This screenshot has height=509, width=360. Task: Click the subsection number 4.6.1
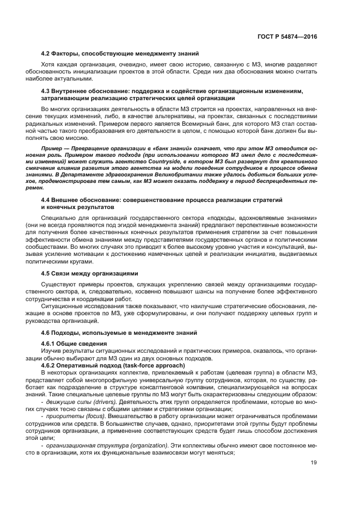[49, 344]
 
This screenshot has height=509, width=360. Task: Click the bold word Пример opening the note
[51, 148]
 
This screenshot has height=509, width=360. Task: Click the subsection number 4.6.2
[49, 365]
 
